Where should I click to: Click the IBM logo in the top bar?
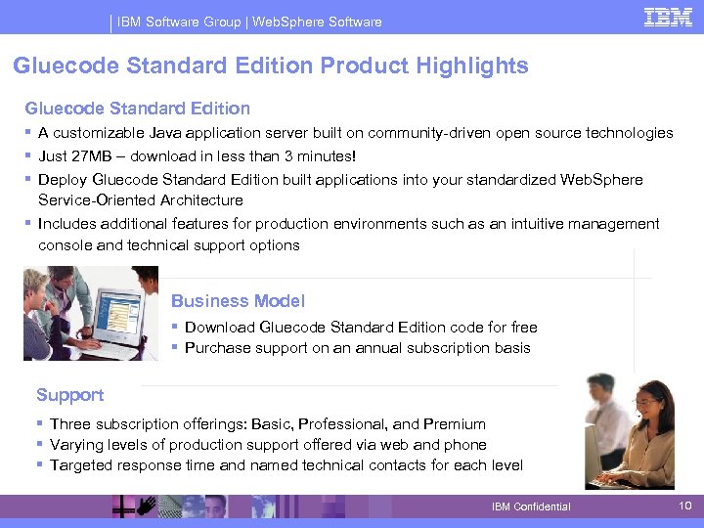pos(668,17)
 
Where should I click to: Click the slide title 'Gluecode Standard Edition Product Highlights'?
pos(271,66)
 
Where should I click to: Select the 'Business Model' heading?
pos(238,301)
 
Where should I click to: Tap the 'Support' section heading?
pos(69,395)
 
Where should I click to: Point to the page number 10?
pos(685,506)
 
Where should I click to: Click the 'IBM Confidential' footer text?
pos(531,506)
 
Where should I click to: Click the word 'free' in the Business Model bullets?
pos(522,328)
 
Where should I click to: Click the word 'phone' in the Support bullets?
pos(465,445)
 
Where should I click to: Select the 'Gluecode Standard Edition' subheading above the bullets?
pos(137,109)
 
